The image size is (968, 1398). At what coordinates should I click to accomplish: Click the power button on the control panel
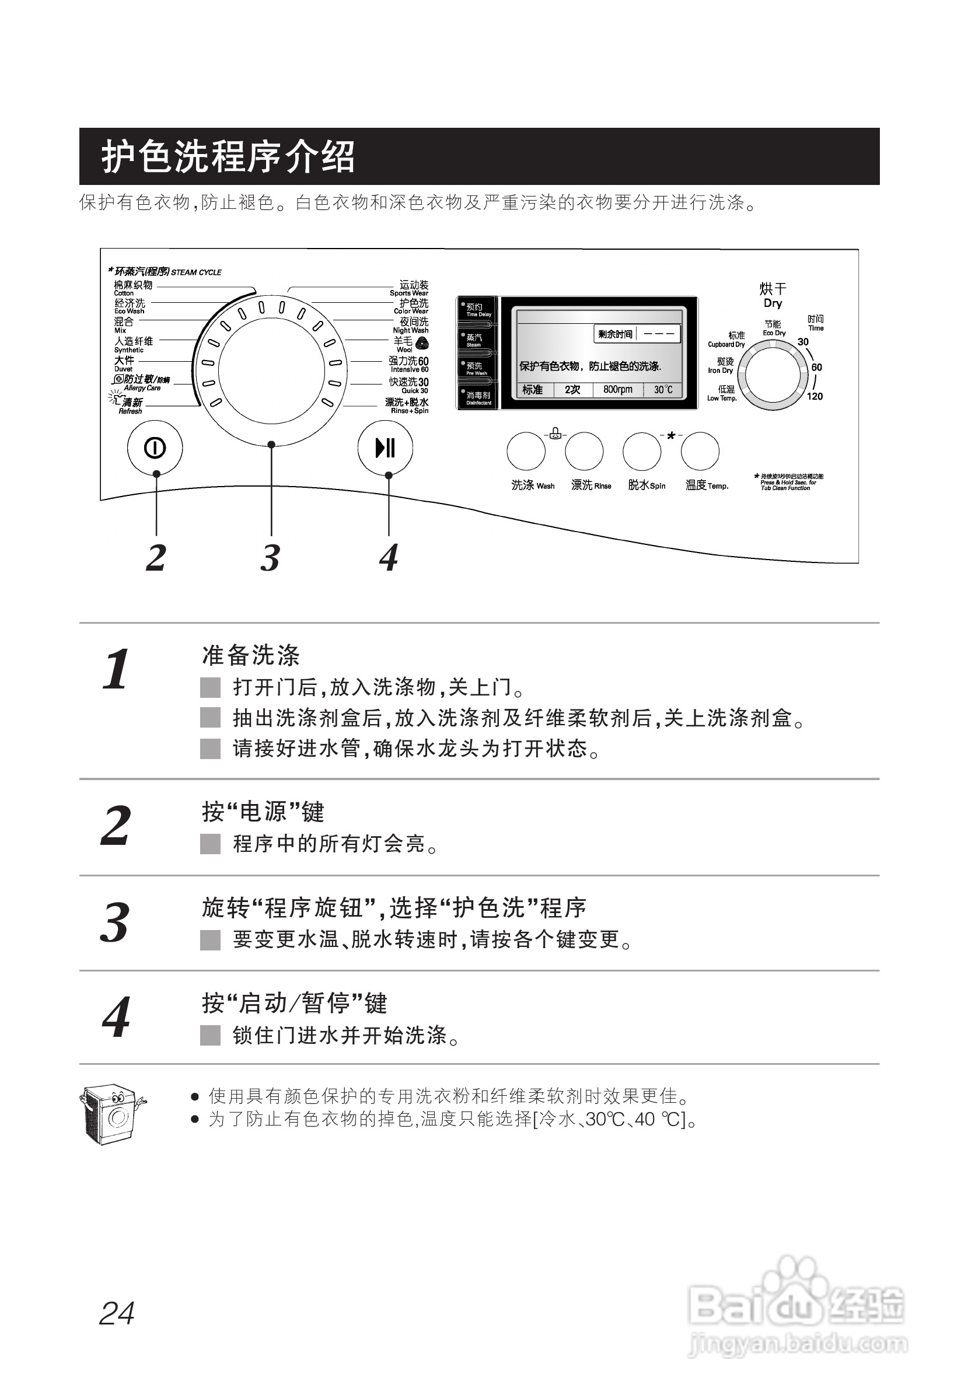[155, 448]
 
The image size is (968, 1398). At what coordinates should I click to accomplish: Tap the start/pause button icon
[385, 448]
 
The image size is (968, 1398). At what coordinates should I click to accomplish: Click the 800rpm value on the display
[617, 389]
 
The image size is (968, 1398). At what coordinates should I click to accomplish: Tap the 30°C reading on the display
[663, 389]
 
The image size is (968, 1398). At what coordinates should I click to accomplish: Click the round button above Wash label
[526, 451]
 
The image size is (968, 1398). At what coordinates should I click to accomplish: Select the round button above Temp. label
[700, 451]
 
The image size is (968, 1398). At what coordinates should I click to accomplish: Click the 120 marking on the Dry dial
[815, 396]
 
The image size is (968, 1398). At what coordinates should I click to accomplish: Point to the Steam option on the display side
[475, 339]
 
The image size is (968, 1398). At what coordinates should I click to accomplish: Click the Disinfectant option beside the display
[477, 397]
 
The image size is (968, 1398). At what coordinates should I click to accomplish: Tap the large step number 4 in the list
[116, 1017]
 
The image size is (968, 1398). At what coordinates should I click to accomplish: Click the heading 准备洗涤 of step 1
[251, 655]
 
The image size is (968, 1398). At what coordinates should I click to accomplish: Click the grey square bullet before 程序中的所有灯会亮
[211, 844]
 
